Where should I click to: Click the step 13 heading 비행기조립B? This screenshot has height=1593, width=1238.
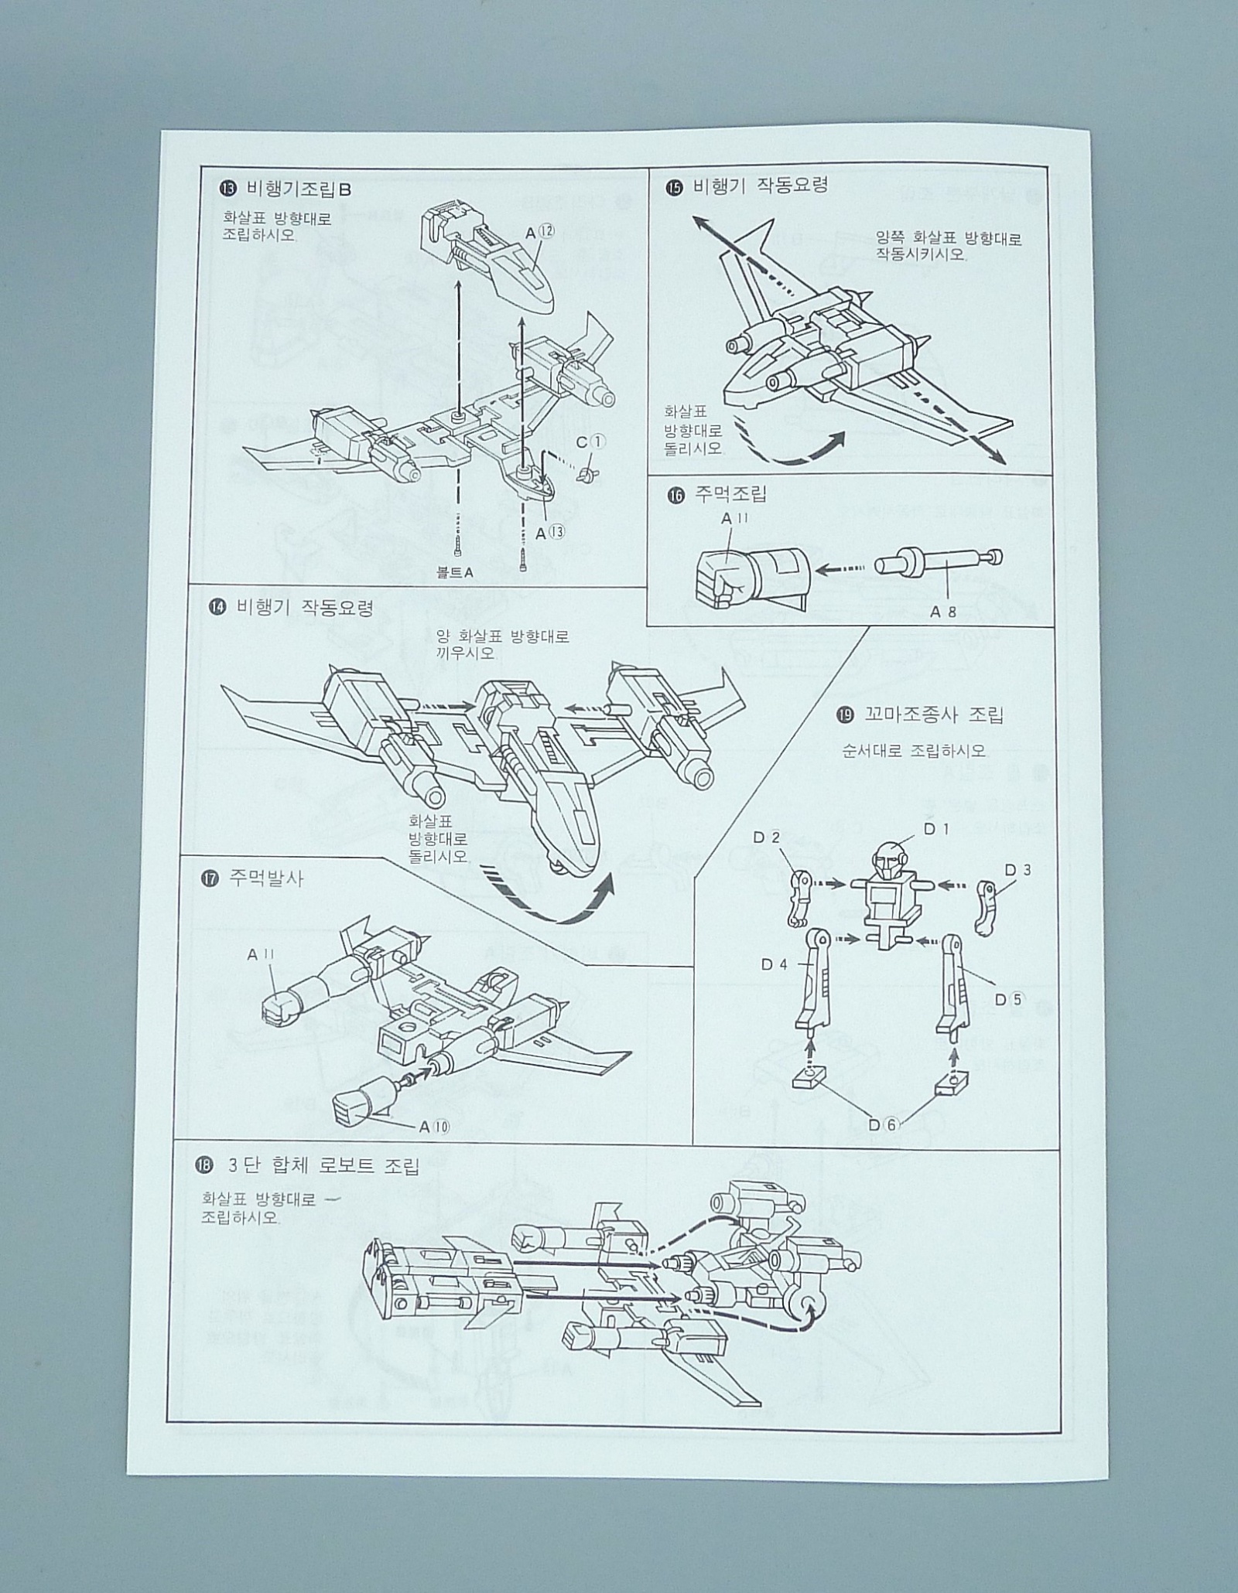point(298,189)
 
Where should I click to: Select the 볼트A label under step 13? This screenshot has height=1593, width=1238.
point(454,572)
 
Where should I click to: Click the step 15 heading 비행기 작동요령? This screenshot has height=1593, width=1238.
point(761,186)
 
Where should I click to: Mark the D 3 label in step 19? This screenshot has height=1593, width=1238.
point(1017,870)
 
